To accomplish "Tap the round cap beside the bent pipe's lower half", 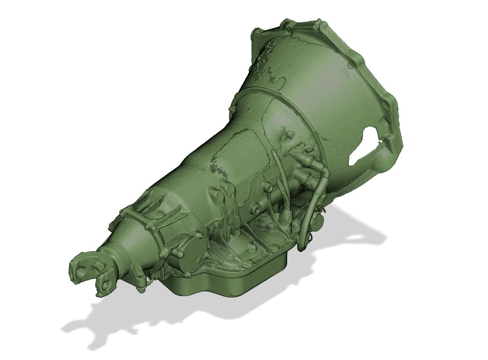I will coord(315,220).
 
